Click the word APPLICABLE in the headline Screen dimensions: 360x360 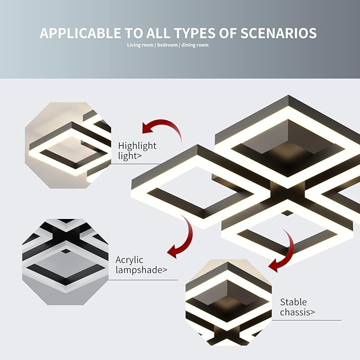80,33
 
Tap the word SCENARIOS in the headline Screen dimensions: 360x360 278,33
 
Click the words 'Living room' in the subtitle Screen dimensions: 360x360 141,45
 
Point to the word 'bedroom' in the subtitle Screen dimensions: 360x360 168,45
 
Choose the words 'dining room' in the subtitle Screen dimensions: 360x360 195,45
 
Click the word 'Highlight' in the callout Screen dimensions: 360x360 137,146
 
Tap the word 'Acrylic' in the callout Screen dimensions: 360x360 129,260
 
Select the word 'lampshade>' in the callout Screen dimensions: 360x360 141,270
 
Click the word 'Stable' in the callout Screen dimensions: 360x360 293,302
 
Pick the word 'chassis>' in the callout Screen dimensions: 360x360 297,312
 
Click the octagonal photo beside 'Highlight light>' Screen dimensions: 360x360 68,145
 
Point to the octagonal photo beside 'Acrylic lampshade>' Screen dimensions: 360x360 65,262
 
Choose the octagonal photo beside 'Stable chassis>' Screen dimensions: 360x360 229,303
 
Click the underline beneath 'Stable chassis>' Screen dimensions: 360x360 307,320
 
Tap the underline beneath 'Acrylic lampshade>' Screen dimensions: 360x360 143,280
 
